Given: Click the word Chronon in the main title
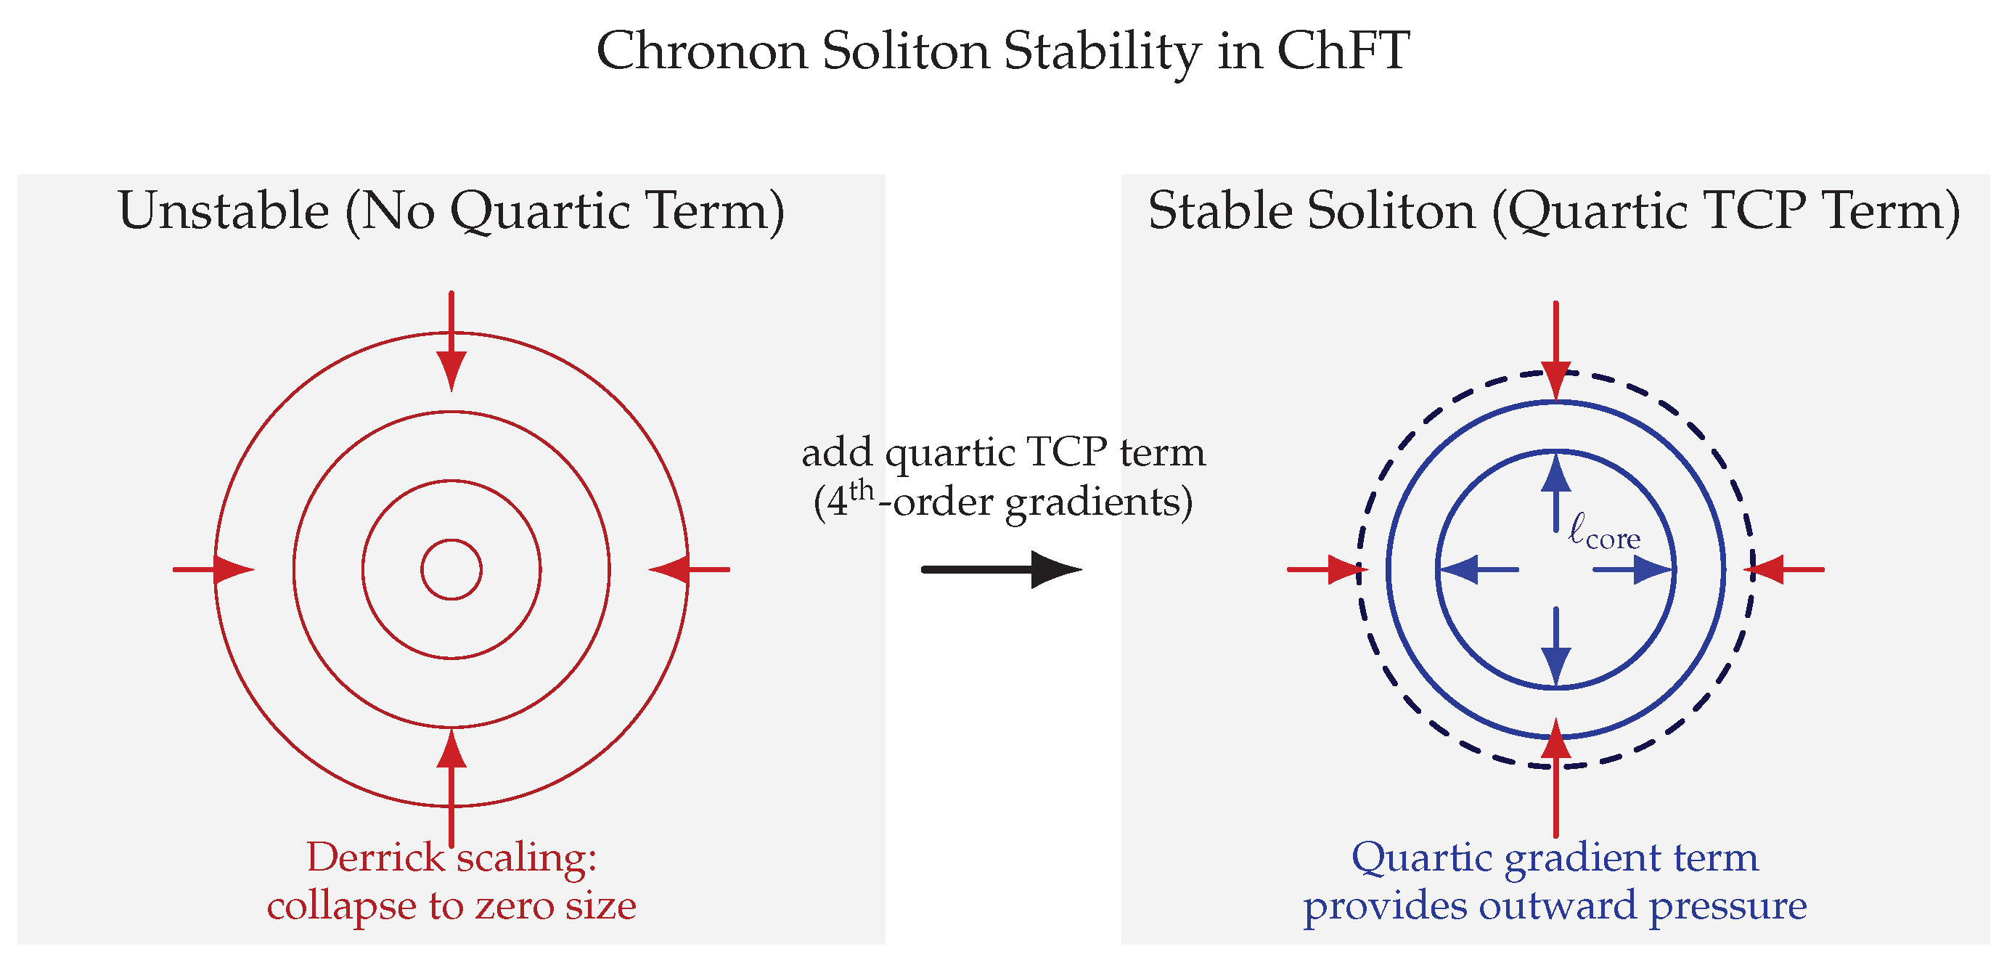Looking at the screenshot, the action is pyautogui.click(x=701, y=52).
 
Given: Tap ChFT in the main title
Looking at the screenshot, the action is pyautogui.click(x=1344, y=52).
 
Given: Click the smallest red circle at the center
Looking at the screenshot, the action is pyautogui.click(x=451, y=540).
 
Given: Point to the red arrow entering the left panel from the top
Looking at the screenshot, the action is pyautogui.click(x=451, y=341).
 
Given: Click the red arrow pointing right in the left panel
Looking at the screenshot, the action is pyautogui.click(x=213, y=569).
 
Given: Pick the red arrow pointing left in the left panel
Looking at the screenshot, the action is pyautogui.click(x=689, y=569).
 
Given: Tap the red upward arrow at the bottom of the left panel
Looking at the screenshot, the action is pyautogui.click(x=451, y=787).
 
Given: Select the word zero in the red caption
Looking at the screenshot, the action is pyautogui.click(x=512, y=906).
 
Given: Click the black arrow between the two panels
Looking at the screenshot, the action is pyautogui.click(x=1002, y=569).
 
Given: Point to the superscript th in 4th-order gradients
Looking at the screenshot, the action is pyautogui.click(x=862, y=490).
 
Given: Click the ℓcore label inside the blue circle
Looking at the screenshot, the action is pyautogui.click(x=1604, y=532).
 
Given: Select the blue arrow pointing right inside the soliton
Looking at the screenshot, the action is pyautogui.click(x=1633, y=569).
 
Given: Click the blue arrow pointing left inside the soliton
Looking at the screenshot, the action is pyautogui.click(x=1479, y=569).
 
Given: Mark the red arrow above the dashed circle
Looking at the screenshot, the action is pyautogui.click(x=1556, y=351).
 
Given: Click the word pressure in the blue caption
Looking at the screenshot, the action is pyautogui.click(x=1727, y=907).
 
